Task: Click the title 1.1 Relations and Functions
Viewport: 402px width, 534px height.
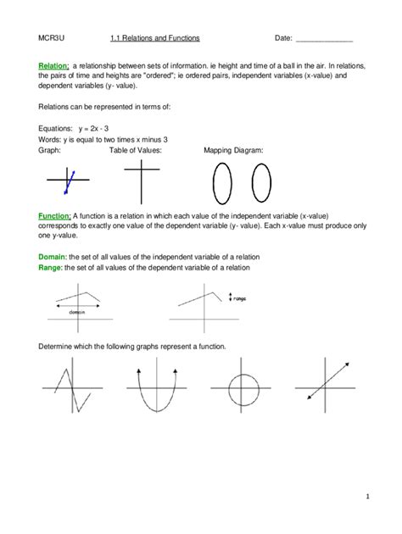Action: point(155,39)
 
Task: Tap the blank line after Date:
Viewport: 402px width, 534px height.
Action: point(323,40)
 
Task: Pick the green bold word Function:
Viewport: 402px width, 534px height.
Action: point(54,216)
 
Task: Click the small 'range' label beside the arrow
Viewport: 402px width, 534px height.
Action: point(241,298)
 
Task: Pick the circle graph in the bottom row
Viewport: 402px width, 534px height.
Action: point(243,391)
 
